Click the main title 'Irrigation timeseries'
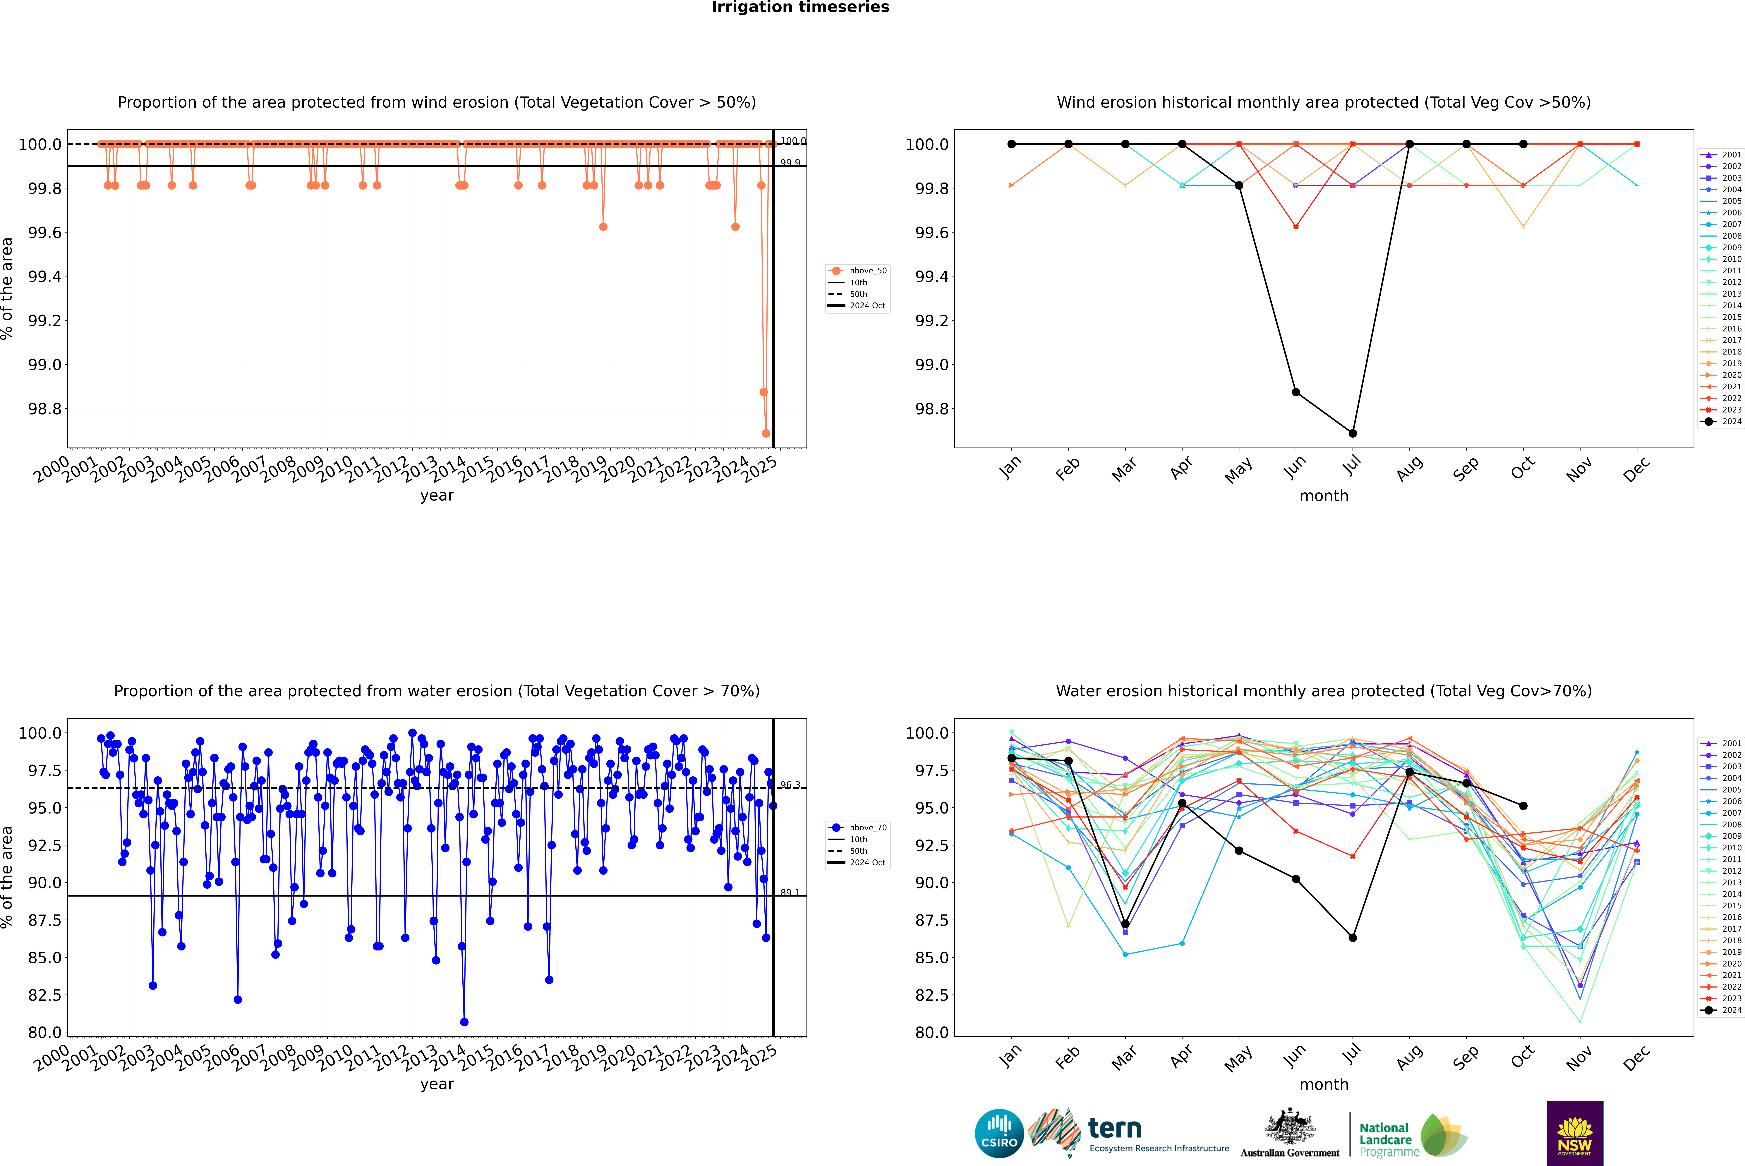[x=800, y=7]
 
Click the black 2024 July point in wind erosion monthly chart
[x=1352, y=433]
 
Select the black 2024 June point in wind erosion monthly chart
[x=1296, y=392]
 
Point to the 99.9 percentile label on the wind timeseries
[x=790, y=163]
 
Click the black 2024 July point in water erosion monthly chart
[x=1352, y=938]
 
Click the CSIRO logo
[x=999, y=1133]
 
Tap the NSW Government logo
[x=1575, y=1133]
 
